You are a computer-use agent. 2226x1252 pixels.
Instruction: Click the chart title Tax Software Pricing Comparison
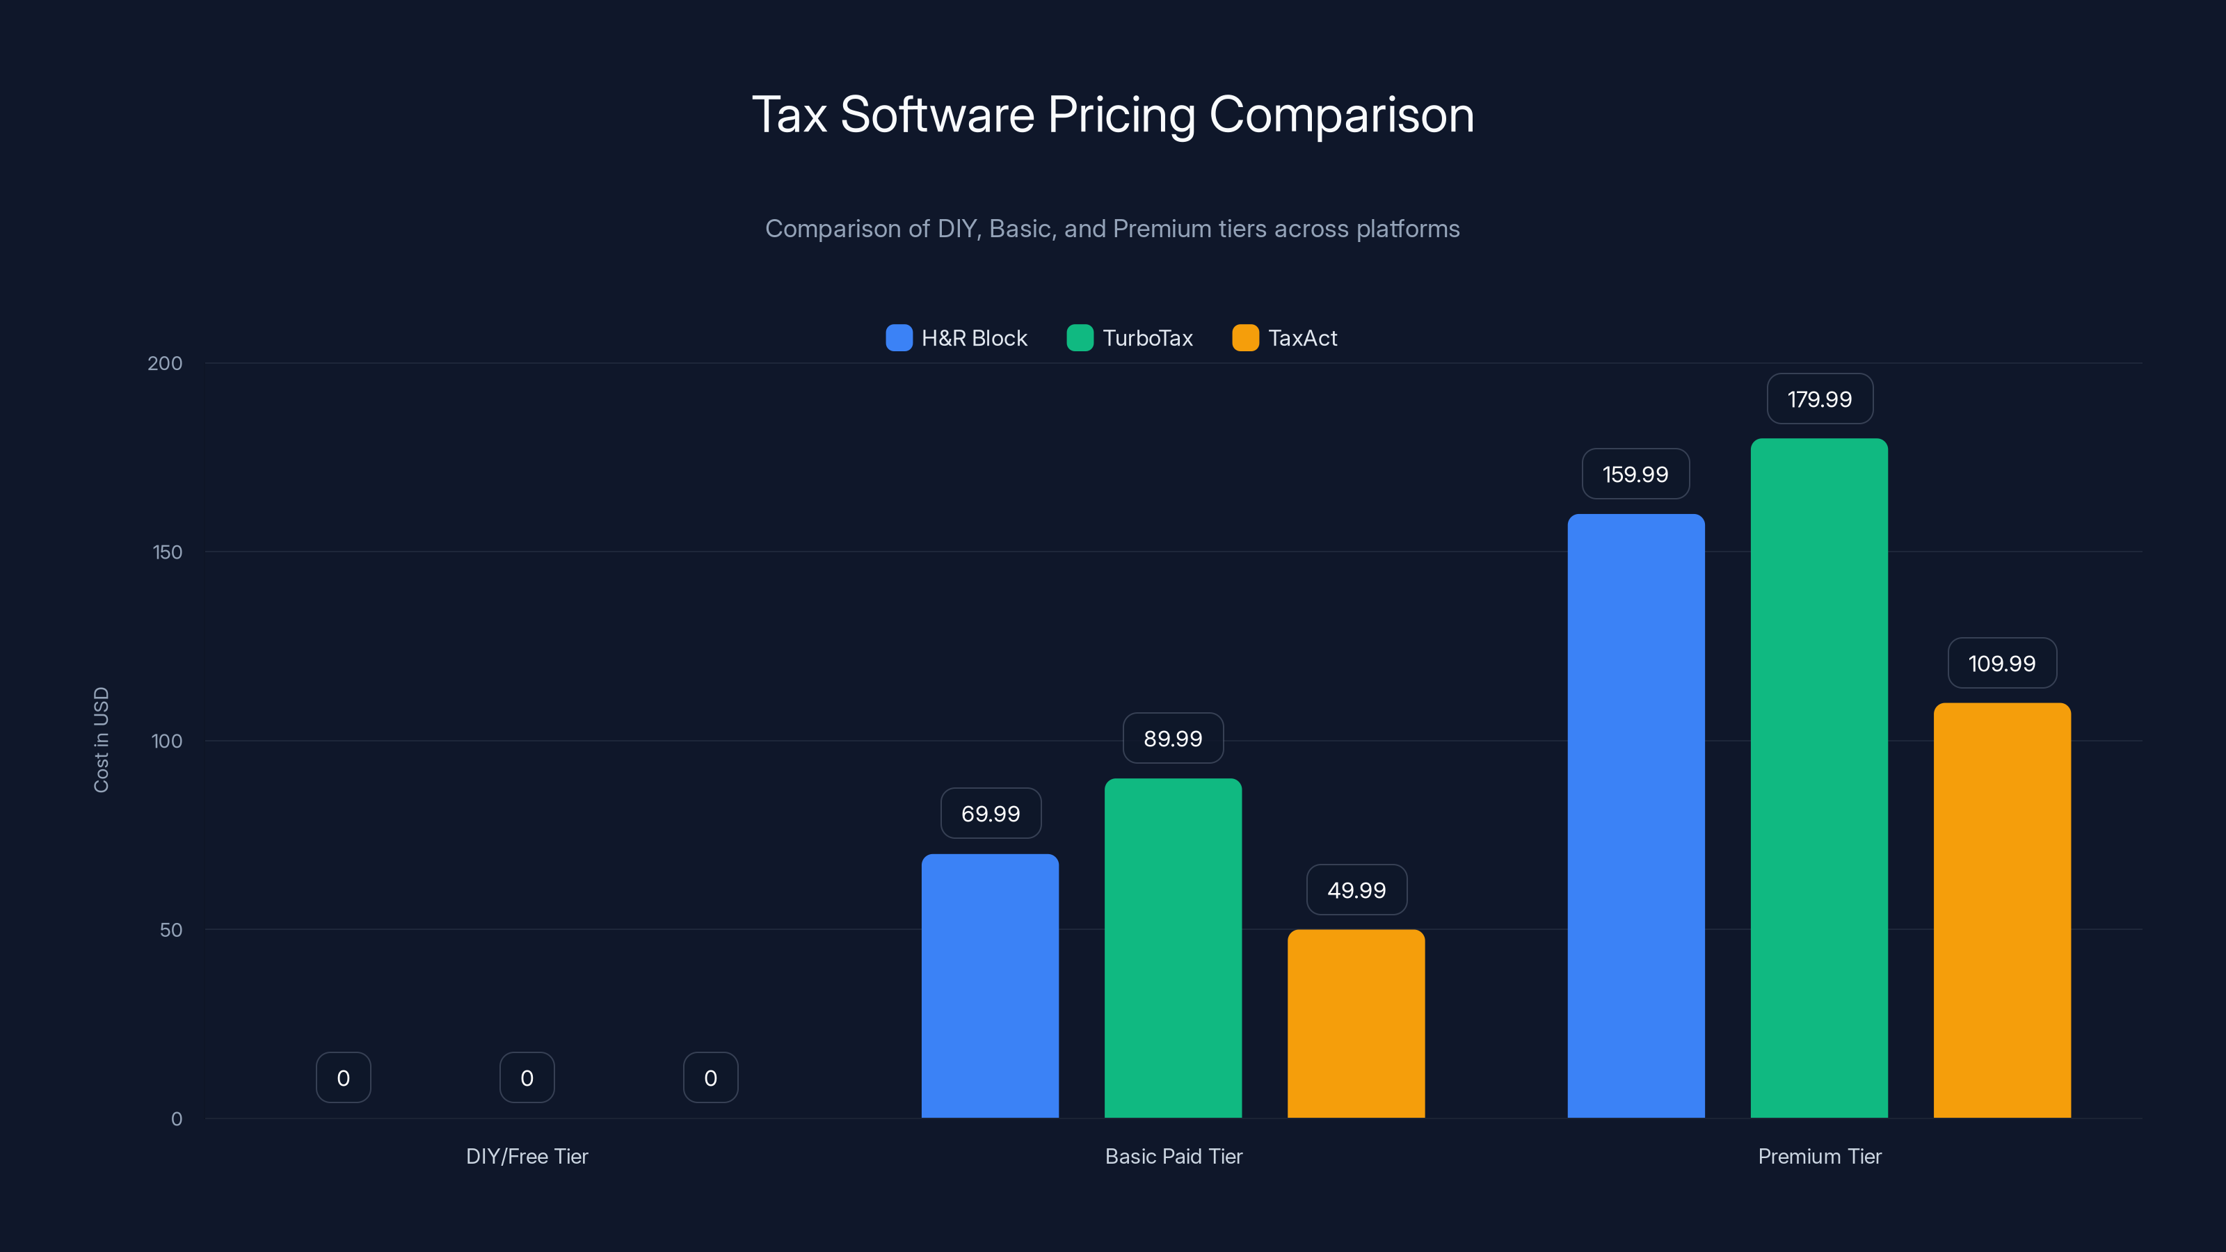point(1112,115)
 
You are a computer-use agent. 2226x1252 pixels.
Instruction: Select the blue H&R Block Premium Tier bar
point(1635,816)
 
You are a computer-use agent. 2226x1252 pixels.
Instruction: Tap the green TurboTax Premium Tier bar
point(1819,778)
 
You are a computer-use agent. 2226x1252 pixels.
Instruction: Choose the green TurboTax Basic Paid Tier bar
point(1173,948)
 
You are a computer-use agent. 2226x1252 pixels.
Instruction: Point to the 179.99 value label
point(1819,399)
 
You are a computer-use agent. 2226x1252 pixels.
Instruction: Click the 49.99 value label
point(1356,890)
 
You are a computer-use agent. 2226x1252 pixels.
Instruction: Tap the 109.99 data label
point(2001,664)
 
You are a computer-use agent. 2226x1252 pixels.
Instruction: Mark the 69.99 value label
point(991,814)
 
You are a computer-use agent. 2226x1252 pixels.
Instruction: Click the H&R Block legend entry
point(956,338)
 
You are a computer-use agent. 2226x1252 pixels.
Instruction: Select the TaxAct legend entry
point(1285,338)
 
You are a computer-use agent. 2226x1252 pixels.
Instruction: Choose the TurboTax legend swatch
point(1080,338)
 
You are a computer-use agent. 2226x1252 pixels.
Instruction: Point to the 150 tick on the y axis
point(168,552)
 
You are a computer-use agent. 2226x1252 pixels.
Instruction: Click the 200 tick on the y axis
point(165,363)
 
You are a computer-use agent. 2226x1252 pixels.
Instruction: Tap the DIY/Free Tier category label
point(527,1156)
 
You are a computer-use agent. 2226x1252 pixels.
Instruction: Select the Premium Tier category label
point(1819,1156)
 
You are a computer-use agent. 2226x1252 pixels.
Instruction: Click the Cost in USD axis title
point(101,739)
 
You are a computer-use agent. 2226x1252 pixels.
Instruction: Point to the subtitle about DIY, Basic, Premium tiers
point(1112,229)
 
